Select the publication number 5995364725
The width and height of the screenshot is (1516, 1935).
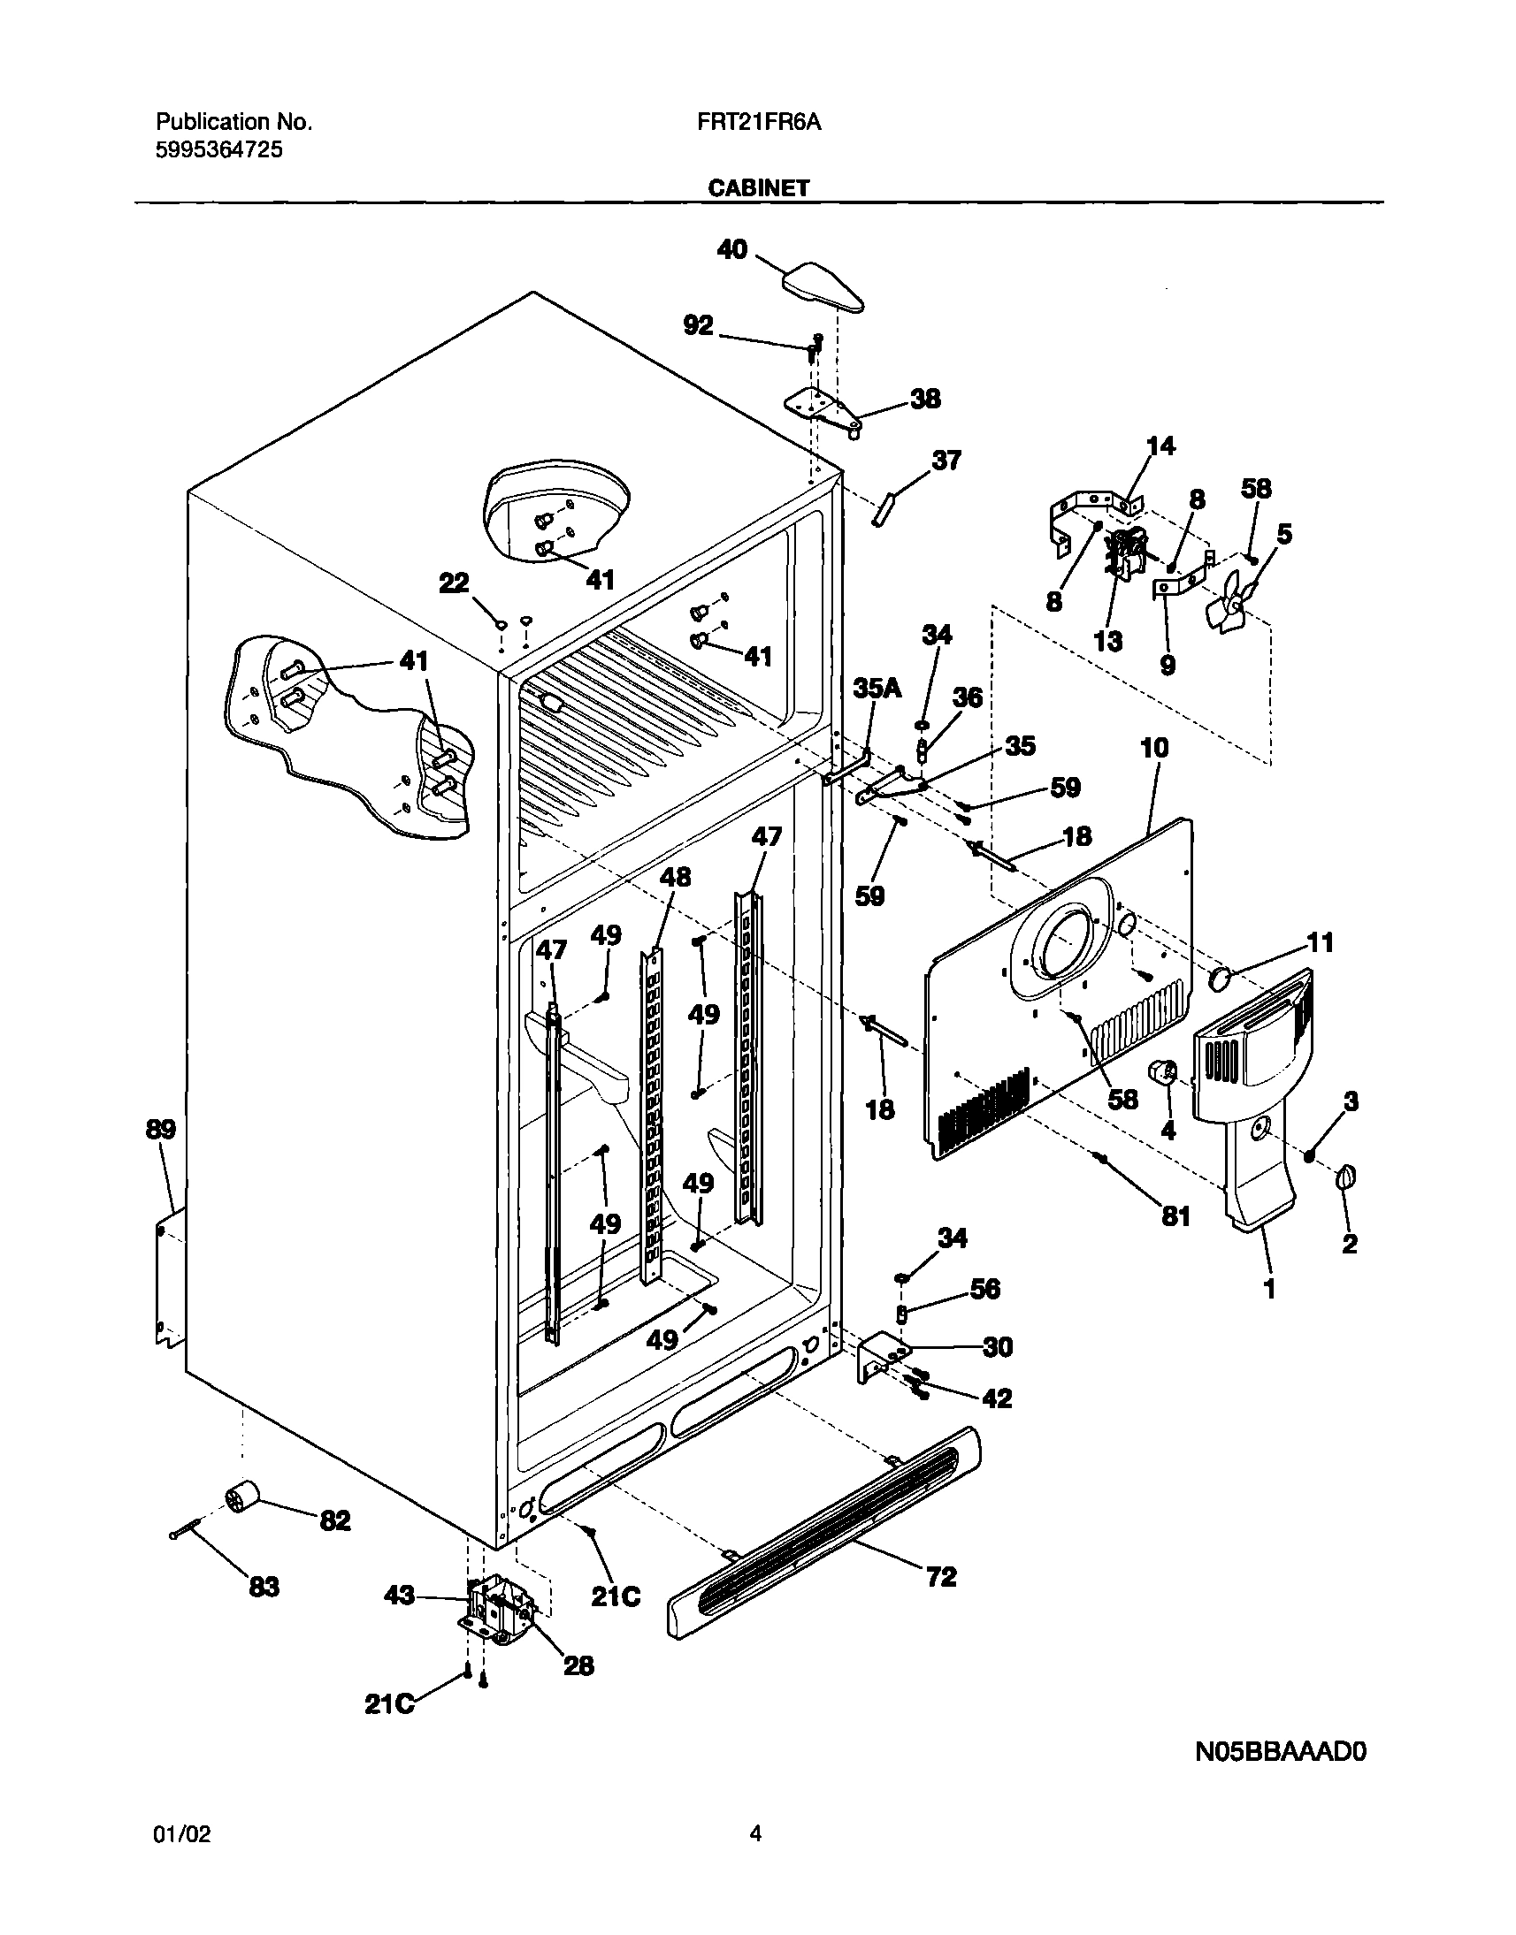point(219,150)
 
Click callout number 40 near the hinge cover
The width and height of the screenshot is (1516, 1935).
point(732,250)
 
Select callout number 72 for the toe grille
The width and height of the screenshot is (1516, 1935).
point(941,1577)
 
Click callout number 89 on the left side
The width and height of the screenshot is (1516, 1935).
point(161,1130)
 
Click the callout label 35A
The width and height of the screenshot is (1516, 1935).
point(877,688)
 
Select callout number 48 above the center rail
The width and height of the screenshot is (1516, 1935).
point(675,878)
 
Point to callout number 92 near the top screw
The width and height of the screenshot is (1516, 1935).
point(698,325)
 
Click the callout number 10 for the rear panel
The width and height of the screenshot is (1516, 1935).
point(1154,748)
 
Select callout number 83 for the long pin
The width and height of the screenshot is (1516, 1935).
point(264,1587)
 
